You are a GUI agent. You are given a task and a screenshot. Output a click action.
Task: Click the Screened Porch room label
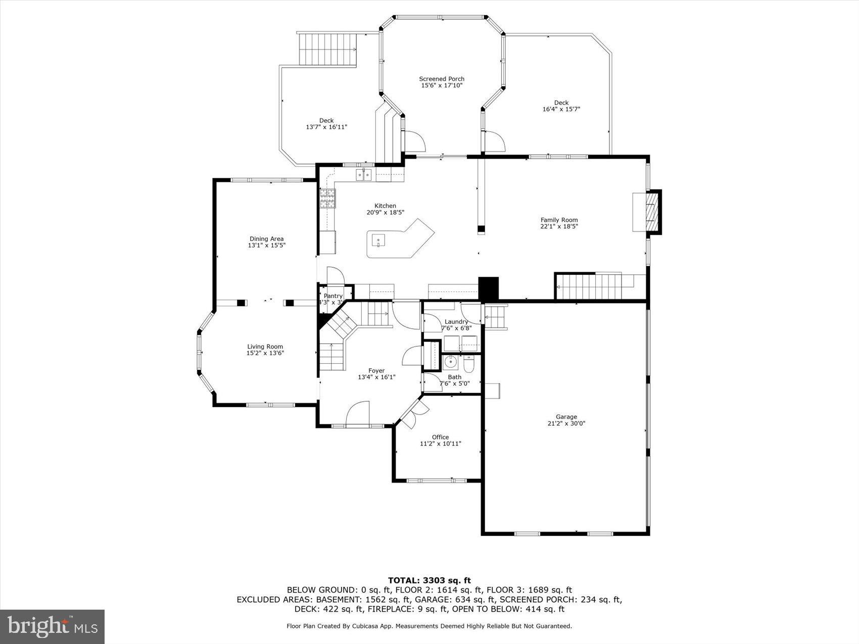(442, 79)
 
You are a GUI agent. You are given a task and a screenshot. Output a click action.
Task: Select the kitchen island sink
(378, 241)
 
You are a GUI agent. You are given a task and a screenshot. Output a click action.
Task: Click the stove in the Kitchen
(327, 199)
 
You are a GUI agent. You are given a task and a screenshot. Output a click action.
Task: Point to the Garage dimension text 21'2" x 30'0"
(566, 424)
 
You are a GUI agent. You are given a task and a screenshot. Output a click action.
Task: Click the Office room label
(440, 437)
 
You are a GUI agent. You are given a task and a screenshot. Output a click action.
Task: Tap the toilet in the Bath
(468, 364)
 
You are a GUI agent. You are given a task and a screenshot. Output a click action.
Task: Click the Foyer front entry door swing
(358, 413)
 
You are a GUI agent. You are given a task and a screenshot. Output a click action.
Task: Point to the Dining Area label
(266, 239)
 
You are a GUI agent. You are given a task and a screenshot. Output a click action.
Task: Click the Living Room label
(265, 346)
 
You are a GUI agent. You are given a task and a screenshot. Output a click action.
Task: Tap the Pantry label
(333, 296)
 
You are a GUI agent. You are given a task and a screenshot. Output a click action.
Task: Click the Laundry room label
(456, 322)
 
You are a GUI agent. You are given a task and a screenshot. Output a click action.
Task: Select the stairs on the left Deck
(327, 49)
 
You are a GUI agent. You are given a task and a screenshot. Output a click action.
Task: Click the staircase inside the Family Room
(591, 286)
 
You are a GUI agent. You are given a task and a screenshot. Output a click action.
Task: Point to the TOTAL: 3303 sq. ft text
(429, 580)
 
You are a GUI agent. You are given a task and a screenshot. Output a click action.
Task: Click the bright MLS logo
(53, 626)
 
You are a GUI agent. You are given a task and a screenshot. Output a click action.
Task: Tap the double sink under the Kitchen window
(364, 175)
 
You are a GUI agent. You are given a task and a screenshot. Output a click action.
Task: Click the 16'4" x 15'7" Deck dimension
(561, 109)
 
